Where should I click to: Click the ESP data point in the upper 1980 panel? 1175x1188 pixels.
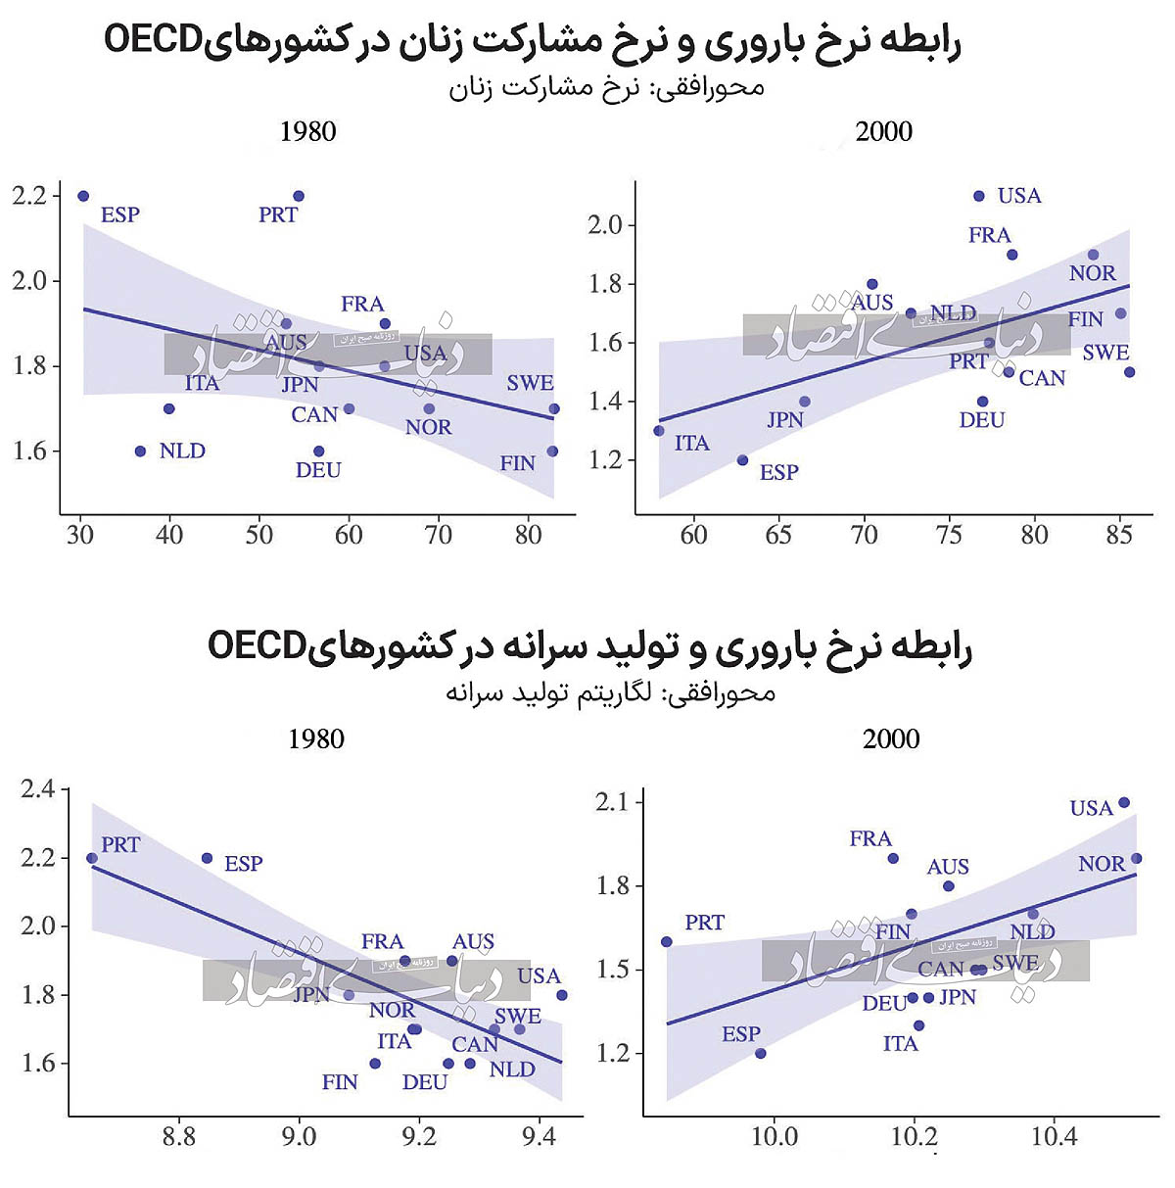(x=83, y=196)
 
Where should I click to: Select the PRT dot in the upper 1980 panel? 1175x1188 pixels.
(x=299, y=196)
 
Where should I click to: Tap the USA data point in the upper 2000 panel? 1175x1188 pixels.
(x=979, y=196)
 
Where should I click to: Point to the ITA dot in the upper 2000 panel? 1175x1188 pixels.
(x=659, y=431)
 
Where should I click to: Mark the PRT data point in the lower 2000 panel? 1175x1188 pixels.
(x=667, y=942)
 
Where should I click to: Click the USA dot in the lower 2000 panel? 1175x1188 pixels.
(x=1124, y=803)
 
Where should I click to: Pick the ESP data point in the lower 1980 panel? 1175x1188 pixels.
(x=208, y=859)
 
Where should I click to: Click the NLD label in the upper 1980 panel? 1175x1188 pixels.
(x=182, y=451)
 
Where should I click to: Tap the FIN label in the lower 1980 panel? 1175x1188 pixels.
(x=340, y=1083)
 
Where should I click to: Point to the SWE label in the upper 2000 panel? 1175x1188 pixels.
(x=1105, y=353)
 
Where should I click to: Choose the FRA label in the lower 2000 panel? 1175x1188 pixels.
(x=870, y=839)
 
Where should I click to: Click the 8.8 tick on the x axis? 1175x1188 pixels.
(x=179, y=1137)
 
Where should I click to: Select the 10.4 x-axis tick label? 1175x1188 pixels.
(x=1054, y=1137)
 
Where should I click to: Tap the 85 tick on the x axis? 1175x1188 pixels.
(x=1119, y=535)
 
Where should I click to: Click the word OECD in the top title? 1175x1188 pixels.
(x=153, y=42)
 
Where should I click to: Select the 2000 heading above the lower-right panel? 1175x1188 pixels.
(x=891, y=738)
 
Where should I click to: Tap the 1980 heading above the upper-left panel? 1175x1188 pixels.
(x=308, y=132)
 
